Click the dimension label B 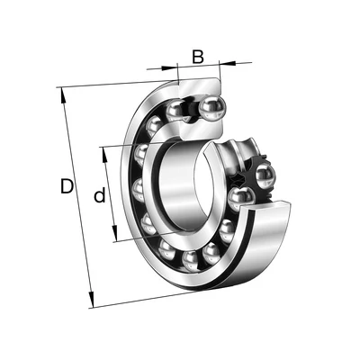(x=198, y=57)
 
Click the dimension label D (x=67, y=186)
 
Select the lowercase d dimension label (x=100, y=194)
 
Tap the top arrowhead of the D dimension (x=63, y=95)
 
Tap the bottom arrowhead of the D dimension (x=92, y=300)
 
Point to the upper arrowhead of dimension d (x=104, y=155)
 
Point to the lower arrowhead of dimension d (x=114, y=234)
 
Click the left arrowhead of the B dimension (x=169, y=67)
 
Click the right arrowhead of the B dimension (x=228, y=63)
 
